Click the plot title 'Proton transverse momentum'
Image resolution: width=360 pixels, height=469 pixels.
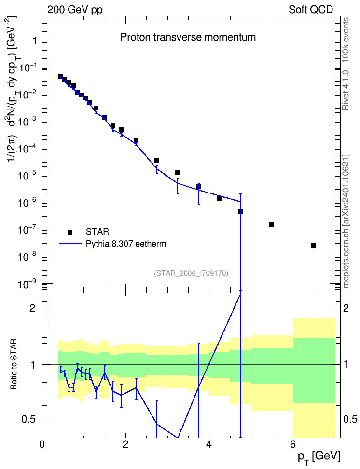pos(188,37)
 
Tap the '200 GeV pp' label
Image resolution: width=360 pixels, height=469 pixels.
pos(75,10)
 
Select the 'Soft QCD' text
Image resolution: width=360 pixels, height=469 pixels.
pos(311,10)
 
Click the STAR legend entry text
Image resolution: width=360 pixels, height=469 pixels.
pos(97,232)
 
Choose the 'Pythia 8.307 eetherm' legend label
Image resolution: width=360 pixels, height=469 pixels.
pos(126,244)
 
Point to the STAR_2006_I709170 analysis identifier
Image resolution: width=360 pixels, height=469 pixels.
pos(191,273)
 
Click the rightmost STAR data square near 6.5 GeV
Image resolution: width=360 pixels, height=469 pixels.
pos(314,246)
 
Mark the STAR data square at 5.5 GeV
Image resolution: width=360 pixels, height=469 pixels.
pos(272,225)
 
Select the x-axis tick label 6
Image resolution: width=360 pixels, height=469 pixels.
pos(292,444)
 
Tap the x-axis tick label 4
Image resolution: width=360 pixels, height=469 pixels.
pos(209,444)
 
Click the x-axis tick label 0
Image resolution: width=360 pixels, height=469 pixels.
pos(42,444)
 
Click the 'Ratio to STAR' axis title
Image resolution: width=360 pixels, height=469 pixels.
pos(14,364)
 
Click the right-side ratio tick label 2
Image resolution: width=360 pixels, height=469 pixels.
pos(346,308)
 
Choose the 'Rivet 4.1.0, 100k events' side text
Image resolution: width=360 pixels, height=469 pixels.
pos(346,64)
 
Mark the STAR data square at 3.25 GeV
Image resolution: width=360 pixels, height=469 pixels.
pos(178,173)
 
